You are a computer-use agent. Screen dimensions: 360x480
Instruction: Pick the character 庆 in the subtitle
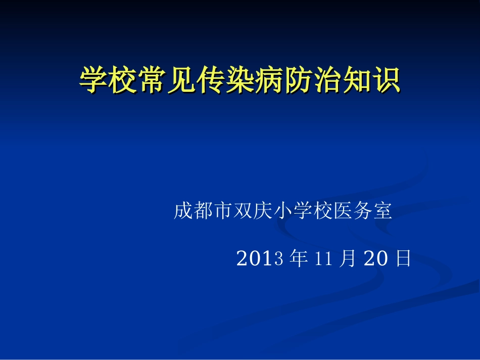[262, 211]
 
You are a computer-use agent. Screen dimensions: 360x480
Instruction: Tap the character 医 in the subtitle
[343, 211]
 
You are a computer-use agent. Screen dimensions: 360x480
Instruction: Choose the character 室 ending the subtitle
[382, 211]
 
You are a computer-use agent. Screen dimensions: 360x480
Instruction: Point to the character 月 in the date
[348, 259]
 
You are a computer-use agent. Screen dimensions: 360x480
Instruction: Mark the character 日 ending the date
[403, 259]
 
